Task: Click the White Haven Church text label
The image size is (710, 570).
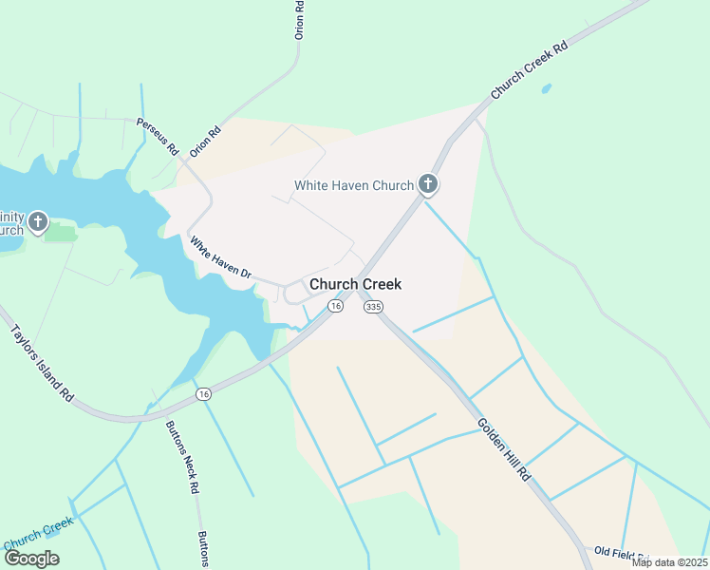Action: (x=353, y=185)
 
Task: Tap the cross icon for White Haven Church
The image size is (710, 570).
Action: (x=428, y=184)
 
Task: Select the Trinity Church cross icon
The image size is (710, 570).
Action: (x=37, y=222)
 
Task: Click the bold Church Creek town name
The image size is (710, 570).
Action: (x=355, y=284)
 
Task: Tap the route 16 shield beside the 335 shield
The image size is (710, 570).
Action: (x=335, y=306)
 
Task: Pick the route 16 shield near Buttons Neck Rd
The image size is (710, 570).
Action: (x=202, y=393)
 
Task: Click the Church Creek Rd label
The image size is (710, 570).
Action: (x=529, y=69)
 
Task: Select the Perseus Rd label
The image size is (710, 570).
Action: (x=158, y=137)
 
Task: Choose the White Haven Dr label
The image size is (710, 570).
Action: (x=220, y=258)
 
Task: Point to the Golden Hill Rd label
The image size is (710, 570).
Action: (x=502, y=449)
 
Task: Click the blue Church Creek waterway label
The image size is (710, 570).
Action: (x=38, y=534)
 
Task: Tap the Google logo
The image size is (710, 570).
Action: (x=31, y=558)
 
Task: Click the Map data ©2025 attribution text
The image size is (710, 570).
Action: (x=669, y=562)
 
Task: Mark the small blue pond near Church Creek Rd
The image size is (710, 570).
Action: (x=546, y=89)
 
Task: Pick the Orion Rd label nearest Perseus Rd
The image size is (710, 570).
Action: (x=204, y=140)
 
